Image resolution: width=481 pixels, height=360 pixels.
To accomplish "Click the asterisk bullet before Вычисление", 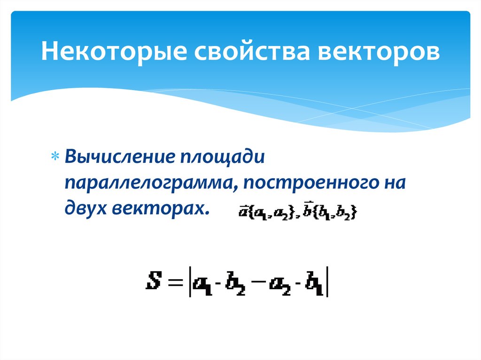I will click(54, 157).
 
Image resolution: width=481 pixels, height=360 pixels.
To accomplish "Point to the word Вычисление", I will click(120, 156).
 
